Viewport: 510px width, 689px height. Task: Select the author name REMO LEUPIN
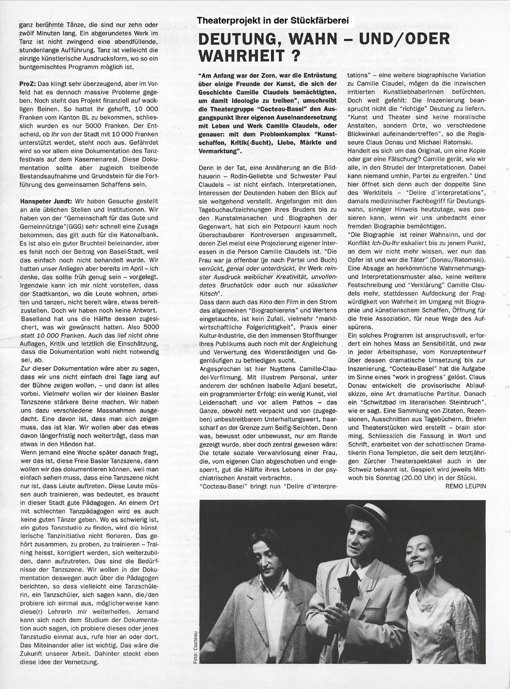[x=465, y=486]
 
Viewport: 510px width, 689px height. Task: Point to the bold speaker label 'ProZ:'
[x=27, y=84]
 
